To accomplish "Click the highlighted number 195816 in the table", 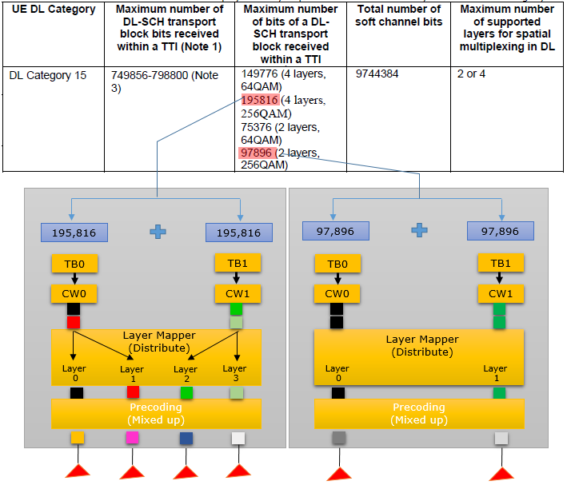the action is coord(260,100).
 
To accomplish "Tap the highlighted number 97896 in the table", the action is coord(257,153).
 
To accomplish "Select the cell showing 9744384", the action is coord(377,74).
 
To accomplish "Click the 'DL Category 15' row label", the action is coord(48,75).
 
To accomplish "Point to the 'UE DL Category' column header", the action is coord(54,9).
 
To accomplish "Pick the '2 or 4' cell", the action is coord(471,74).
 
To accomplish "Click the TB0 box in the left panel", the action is coord(74,264).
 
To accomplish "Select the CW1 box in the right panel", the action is coord(501,293).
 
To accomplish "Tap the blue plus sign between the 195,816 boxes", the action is coord(158,232).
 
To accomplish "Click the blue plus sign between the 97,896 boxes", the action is coord(420,230).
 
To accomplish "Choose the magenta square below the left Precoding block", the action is coord(132,438).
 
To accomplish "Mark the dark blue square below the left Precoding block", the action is coord(186,439).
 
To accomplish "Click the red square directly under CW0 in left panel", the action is coord(74,322).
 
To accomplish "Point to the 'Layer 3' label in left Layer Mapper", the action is coord(234,373).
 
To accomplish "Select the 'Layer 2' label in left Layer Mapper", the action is coord(186,374).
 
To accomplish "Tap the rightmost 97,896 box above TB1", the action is coord(501,231).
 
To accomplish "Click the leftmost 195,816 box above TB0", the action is coord(74,233).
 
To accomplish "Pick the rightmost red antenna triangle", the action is coord(501,474).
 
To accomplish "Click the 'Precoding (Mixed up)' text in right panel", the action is coord(419,413).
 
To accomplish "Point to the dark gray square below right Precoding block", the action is coord(339,438).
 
